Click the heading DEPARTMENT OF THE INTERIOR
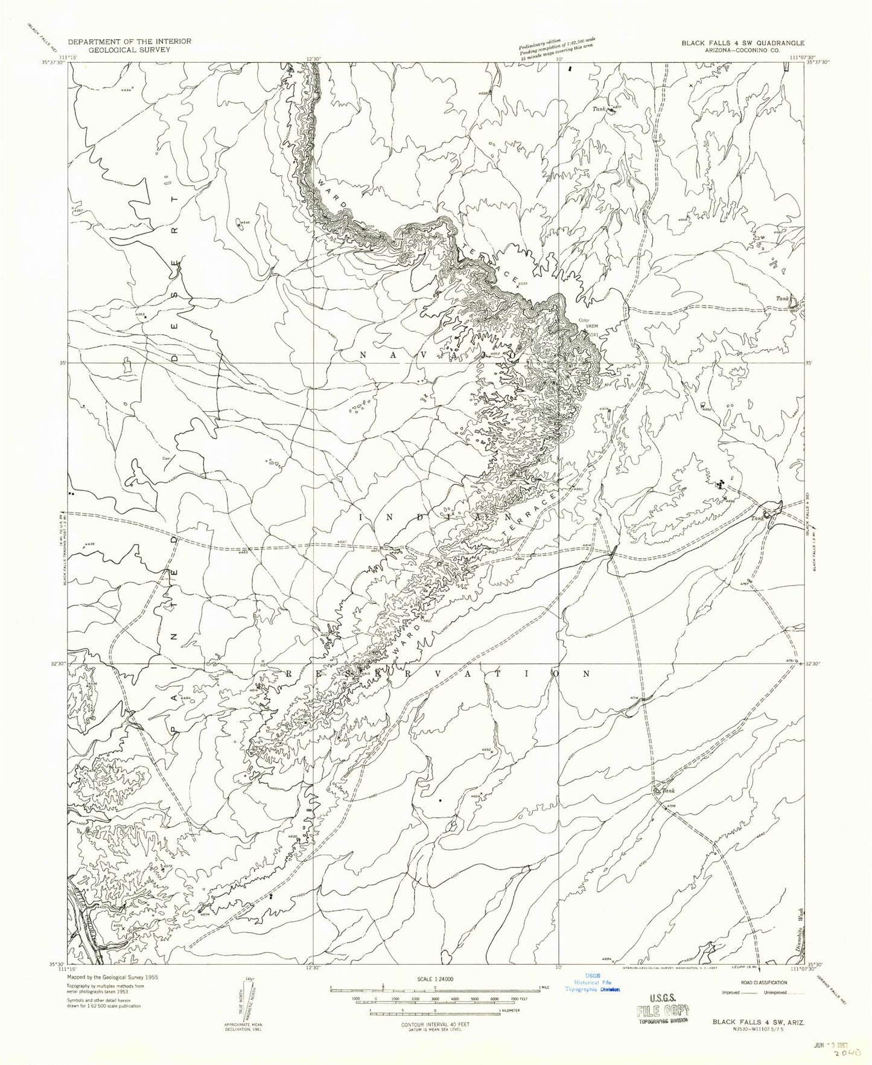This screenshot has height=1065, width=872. click(130, 41)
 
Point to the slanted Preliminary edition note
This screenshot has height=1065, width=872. click(558, 47)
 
